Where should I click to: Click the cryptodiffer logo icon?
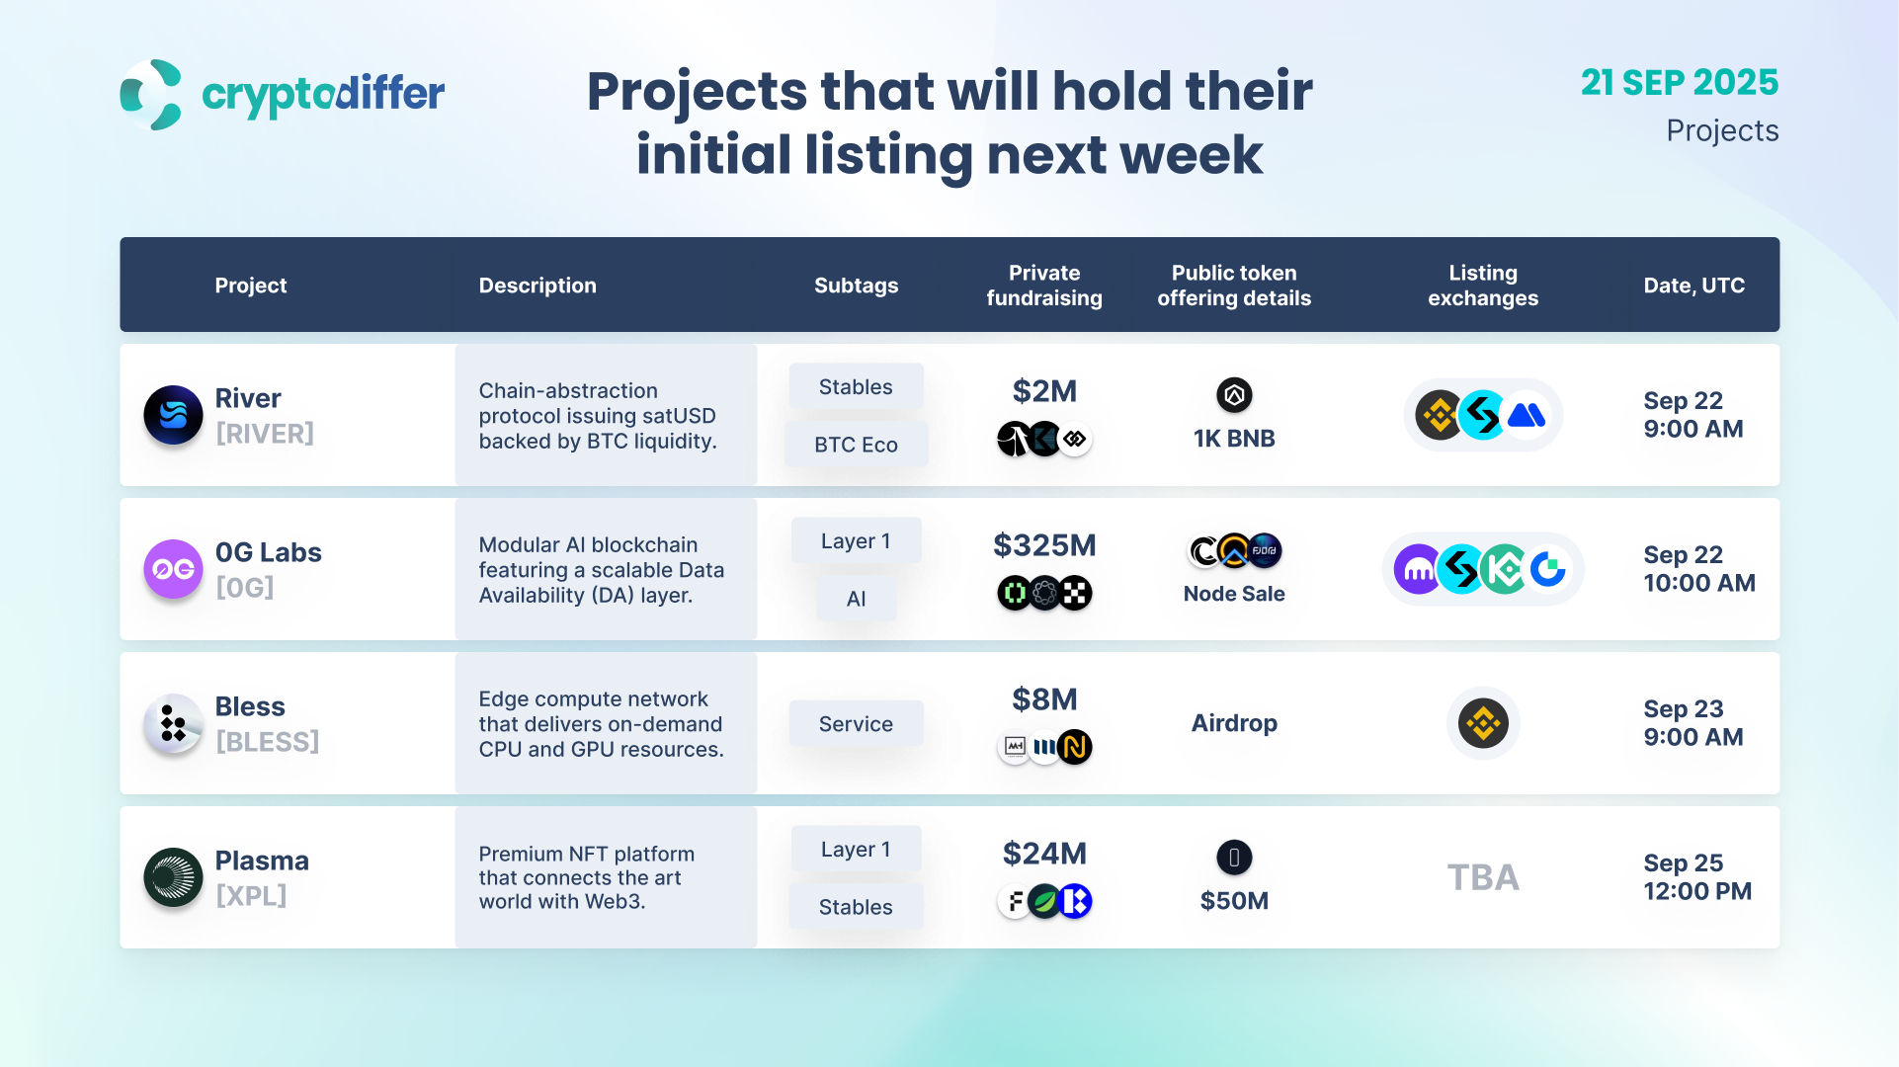point(151,95)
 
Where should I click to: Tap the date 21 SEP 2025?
point(1679,82)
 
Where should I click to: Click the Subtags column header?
point(856,286)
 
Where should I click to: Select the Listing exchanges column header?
point(1482,286)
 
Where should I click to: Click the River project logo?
point(173,415)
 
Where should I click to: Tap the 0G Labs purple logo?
point(173,569)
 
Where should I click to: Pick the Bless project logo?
point(173,723)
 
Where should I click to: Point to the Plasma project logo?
point(173,877)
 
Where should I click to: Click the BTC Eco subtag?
point(856,445)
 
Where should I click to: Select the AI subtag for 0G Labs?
point(856,599)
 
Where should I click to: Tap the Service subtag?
point(856,724)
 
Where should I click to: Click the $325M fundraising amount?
point(1044,545)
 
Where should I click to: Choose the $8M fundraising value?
point(1044,699)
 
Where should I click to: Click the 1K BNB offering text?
point(1234,439)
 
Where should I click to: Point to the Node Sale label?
point(1234,594)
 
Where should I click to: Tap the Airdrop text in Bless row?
point(1234,723)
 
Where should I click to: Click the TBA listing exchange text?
point(1483,877)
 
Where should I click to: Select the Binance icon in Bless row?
point(1483,723)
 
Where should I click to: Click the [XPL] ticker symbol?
point(251,896)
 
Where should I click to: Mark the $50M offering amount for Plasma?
point(1234,901)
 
